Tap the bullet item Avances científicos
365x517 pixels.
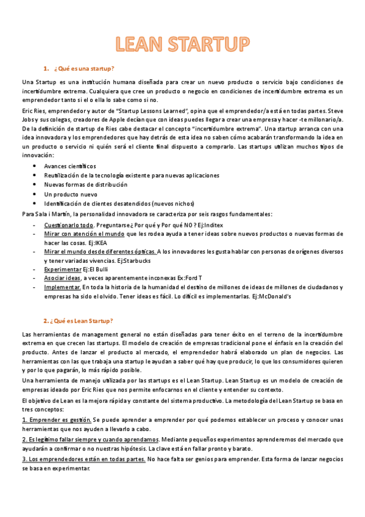(70, 166)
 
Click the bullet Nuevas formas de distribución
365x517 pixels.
(86, 185)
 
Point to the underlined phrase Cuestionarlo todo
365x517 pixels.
(68, 225)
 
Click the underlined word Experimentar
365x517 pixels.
(63, 269)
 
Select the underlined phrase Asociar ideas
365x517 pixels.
(62, 278)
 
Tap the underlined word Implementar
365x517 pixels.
(63, 287)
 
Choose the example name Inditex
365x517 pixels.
(207, 225)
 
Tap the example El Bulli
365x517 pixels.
(97, 269)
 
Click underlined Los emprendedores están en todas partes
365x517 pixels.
(83, 459)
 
